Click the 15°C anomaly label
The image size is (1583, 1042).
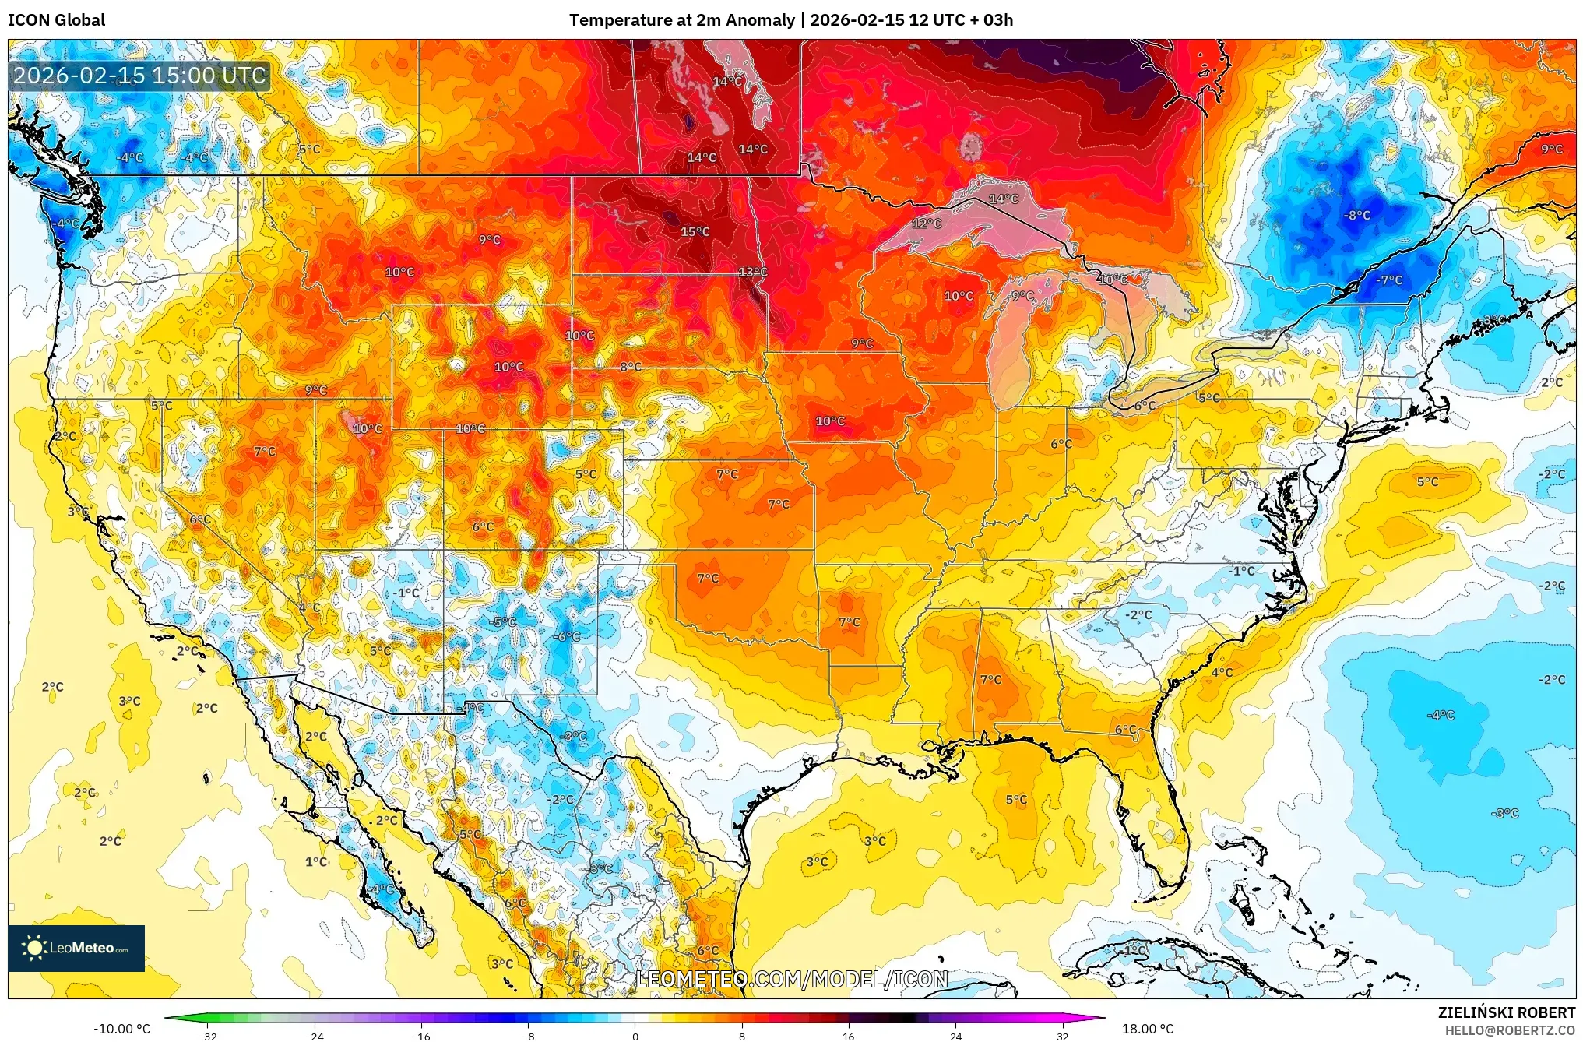pos(695,231)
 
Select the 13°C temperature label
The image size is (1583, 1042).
pos(752,272)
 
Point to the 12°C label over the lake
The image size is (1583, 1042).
pos(927,224)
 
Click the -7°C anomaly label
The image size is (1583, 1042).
pos(1389,280)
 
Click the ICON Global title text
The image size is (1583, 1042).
pos(56,20)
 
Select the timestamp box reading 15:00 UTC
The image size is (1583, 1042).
pos(140,76)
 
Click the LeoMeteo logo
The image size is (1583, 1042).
pos(76,948)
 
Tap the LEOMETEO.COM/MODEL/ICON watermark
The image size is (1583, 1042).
pos(792,979)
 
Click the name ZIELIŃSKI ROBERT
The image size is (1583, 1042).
pos(1506,1012)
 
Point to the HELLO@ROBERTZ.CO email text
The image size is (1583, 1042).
pos(1510,1030)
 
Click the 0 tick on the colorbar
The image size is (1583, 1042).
pos(635,1036)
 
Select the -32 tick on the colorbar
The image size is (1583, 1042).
pos(207,1036)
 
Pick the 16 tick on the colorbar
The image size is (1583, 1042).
pos(848,1036)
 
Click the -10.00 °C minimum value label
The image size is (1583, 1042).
pos(121,1029)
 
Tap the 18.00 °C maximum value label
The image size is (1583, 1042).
pos(1147,1029)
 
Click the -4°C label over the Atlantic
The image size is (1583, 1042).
pos(1440,715)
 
